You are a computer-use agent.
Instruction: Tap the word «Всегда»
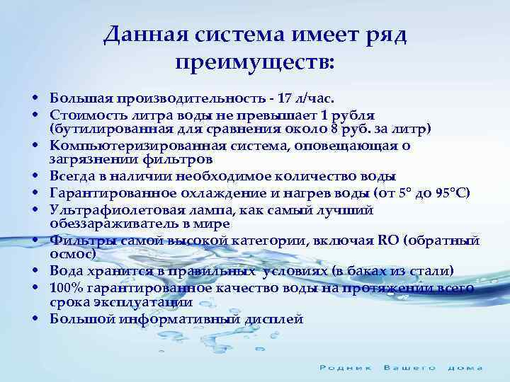[x=73, y=176]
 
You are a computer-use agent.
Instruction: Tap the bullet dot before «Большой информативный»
[x=34, y=319]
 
